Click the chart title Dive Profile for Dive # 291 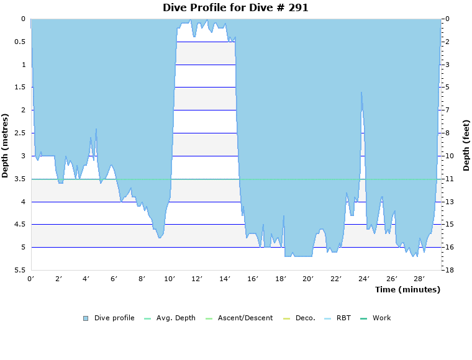(x=235, y=8)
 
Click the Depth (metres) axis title (x=6, y=145)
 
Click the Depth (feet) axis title (x=466, y=145)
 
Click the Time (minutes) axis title (x=407, y=290)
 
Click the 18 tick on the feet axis (x=448, y=271)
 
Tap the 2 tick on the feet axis (x=447, y=42)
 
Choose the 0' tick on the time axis (x=31, y=279)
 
